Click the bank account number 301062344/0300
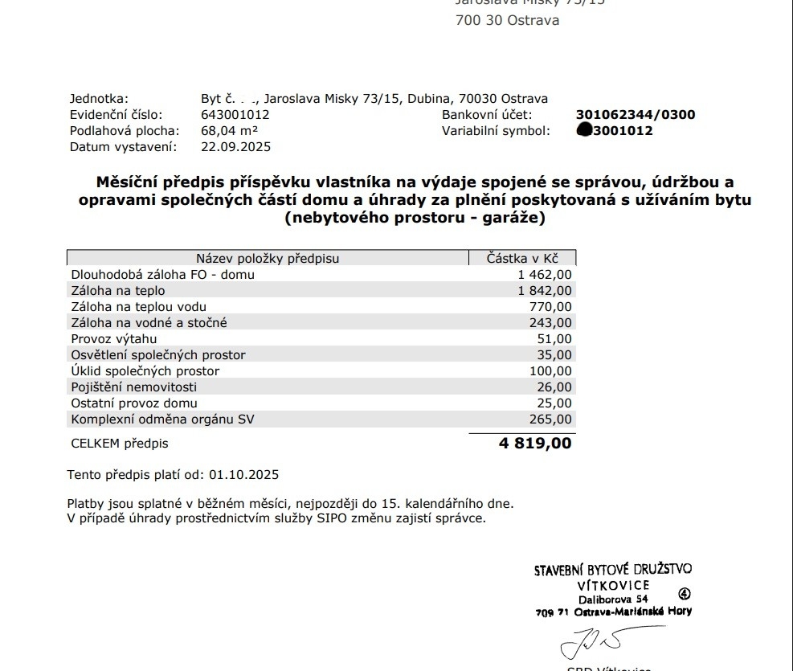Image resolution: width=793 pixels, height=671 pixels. (636, 115)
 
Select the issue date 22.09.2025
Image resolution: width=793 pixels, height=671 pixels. (235, 147)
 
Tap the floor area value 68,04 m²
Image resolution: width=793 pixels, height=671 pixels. (229, 131)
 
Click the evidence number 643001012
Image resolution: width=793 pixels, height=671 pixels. (235, 115)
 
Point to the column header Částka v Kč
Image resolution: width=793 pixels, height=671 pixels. (522, 258)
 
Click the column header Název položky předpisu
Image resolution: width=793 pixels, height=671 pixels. (268, 258)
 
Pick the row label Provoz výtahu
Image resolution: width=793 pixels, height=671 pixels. (114, 339)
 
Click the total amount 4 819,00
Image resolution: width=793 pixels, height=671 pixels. (535, 443)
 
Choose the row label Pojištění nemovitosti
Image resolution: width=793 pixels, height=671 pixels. (133, 387)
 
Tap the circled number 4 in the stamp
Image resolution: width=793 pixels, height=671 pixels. (684, 595)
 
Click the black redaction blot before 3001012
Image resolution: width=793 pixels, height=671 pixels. (584, 131)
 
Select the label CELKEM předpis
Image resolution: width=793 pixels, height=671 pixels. (120, 443)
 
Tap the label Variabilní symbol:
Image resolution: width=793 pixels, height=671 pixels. (496, 131)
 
